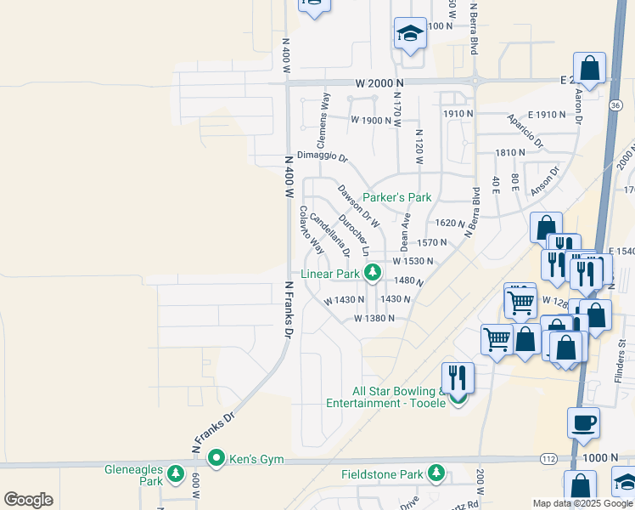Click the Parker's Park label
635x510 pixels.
pyautogui.click(x=397, y=197)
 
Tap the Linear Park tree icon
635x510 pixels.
pyautogui.click(x=372, y=273)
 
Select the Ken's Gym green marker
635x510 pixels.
pyautogui.click(x=216, y=458)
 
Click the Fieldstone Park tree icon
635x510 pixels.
pyautogui.click(x=436, y=473)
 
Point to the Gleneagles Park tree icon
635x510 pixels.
pyautogui.click(x=176, y=473)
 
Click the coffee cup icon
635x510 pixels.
pyautogui.click(x=582, y=422)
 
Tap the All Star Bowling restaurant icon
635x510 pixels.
pyautogui.click(x=458, y=377)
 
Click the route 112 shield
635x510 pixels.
pyautogui.click(x=548, y=458)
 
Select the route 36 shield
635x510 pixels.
pyautogui.click(x=614, y=105)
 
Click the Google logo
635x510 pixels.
pyautogui.click(x=28, y=500)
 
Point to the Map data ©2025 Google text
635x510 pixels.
pyautogui.click(x=582, y=503)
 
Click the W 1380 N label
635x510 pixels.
pyautogui.click(x=374, y=319)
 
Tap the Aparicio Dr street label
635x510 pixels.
pyautogui.click(x=525, y=129)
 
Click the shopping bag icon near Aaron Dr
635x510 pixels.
pyautogui.click(x=589, y=68)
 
